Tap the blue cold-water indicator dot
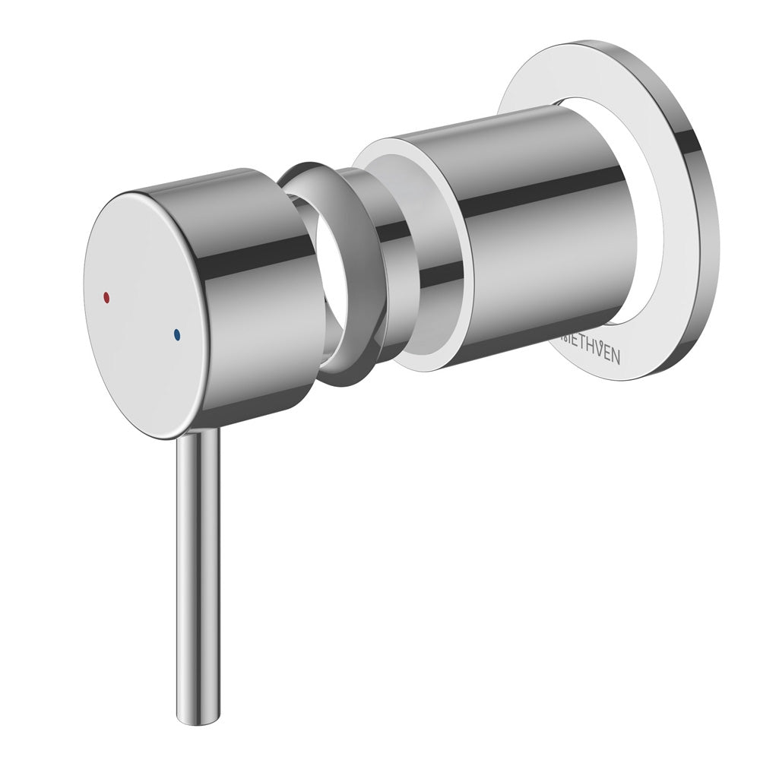177,333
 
